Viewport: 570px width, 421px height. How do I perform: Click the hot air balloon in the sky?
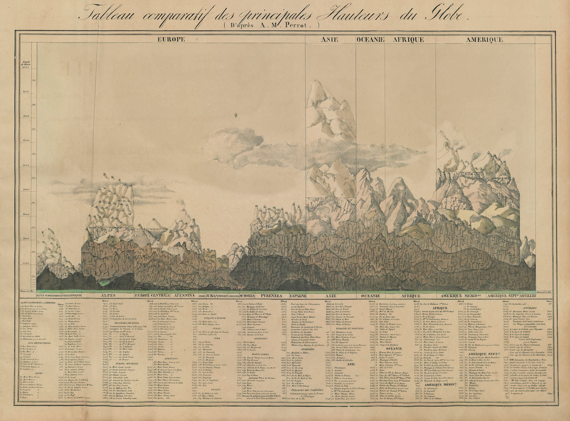(x=235, y=115)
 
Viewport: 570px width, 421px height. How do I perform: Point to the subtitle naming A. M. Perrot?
(x=270, y=25)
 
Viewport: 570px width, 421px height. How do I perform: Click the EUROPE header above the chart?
(x=171, y=40)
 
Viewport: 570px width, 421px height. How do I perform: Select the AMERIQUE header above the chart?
(x=484, y=40)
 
